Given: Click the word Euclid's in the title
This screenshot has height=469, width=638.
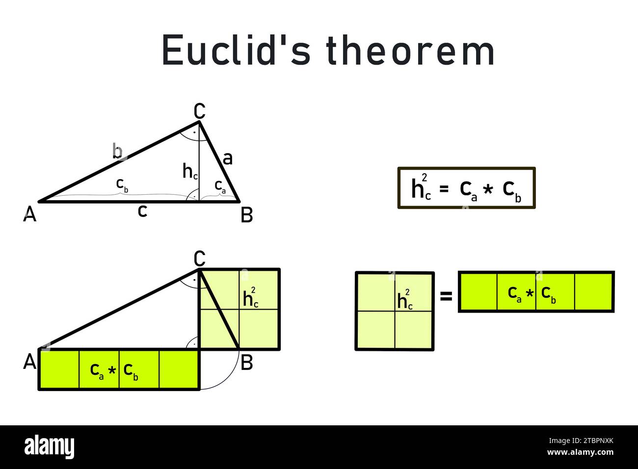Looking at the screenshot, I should coord(236,50).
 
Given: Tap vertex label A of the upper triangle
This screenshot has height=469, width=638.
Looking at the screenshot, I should coord(30,214).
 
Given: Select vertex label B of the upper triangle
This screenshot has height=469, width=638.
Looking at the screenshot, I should coord(246,215).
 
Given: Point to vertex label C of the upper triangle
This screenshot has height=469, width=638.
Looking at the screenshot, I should coord(199,111).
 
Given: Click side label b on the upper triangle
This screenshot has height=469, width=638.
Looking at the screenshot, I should coord(117,151).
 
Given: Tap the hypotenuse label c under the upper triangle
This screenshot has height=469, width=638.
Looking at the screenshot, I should coord(142,211).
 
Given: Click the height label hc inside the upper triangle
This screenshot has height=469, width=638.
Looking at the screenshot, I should coord(190,171).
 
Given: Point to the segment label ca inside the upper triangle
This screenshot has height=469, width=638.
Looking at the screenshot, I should coord(220,186).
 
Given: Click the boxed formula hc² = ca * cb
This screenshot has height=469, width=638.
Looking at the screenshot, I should coord(466,188).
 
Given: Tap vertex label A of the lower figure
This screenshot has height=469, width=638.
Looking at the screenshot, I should coord(30,362).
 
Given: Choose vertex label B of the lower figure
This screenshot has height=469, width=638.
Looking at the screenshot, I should coord(247,363).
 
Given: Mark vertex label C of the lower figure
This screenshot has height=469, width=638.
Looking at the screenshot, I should coord(199,258).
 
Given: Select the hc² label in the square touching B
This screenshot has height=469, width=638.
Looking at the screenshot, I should coord(251,298).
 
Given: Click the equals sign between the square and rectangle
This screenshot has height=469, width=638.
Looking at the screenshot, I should coord(446,296).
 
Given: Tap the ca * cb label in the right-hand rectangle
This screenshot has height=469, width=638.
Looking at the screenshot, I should coord(532,293).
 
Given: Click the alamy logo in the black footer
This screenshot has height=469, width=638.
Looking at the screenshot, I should coord(49,447).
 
